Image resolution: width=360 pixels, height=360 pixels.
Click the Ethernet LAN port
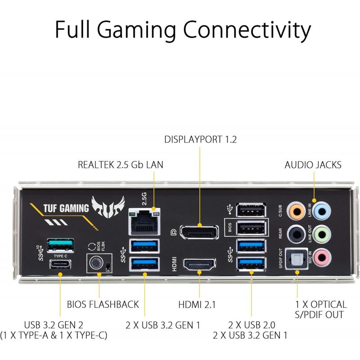144,221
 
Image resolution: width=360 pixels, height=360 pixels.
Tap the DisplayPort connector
199,232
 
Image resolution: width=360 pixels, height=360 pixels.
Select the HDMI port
199,264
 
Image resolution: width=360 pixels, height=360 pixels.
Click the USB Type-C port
60,264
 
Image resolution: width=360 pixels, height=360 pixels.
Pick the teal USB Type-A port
60,245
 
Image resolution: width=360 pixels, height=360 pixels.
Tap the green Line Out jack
322,234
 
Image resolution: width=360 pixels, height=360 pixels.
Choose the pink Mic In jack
322,257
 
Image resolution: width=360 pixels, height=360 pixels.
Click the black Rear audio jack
297,234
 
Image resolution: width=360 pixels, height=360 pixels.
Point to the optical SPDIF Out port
297,258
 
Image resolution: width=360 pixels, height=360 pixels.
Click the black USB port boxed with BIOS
252,228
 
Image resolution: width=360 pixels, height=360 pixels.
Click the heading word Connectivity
247,30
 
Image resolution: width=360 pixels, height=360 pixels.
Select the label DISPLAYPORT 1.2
200,139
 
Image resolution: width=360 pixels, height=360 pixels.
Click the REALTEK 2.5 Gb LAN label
121,165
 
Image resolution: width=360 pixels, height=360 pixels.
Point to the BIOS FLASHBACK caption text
103,305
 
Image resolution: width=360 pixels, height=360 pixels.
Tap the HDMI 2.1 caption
197,305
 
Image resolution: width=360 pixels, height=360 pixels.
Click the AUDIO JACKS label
313,165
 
